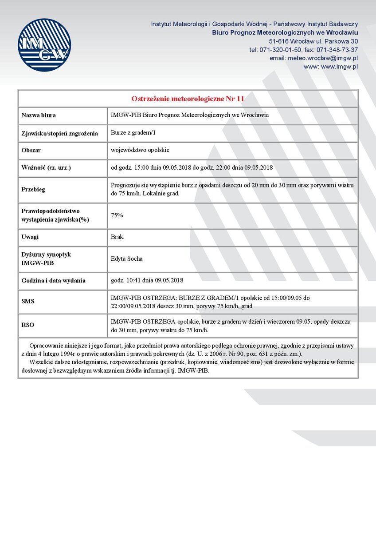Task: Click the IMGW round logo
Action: pos(44,45)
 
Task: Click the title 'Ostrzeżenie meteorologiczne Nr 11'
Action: pos(188,98)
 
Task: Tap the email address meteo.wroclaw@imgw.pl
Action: pos(314,58)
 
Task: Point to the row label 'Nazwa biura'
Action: pos(39,115)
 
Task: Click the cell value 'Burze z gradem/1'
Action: pos(133,133)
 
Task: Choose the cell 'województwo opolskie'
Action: pos(140,150)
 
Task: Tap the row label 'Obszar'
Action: pos(31,151)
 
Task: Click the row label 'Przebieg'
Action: pos(33,189)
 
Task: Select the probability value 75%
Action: pos(117,215)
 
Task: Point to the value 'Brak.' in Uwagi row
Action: pos(117,237)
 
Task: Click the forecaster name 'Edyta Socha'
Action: pos(126,259)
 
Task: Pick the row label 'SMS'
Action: pos(28,302)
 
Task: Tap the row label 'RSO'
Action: pos(28,325)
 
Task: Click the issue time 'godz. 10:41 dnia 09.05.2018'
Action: pos(147,280)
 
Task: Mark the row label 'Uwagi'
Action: pos(30,237)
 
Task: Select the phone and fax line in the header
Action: pos(303,50)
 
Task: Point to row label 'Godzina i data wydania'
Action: pos(53,281)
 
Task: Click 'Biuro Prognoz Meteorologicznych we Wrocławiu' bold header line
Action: pos(285,32)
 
